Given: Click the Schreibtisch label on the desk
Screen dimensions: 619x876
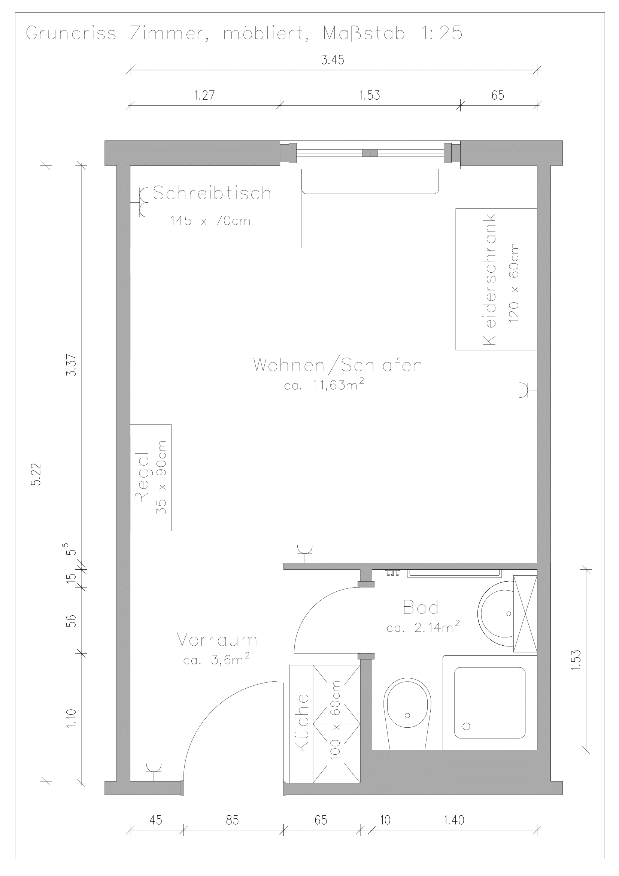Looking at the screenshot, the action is coord(212,193).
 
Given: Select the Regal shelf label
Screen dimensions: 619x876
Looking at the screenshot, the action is coord(142,477).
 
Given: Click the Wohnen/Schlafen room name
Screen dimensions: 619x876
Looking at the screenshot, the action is coord(338,365).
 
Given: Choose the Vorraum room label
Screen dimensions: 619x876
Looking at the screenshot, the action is coord(217,640).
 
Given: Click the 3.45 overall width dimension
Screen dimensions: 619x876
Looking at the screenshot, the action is coord(333,60).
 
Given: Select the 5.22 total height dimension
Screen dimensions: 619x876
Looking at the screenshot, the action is coord(36,475).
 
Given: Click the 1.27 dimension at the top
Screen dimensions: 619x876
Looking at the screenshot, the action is coord(204,95).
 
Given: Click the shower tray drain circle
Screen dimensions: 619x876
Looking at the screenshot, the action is coord(466,726).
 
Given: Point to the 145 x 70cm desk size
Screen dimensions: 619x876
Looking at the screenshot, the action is coord(210,221).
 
